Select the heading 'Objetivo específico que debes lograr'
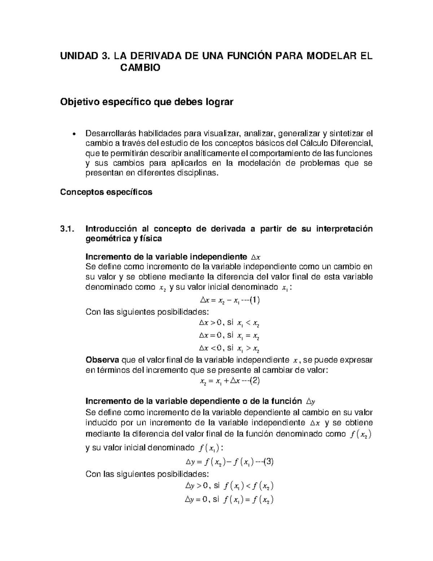point(146,102)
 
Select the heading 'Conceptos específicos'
point(106,192)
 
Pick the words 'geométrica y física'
point(123,239)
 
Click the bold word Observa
point(103,360)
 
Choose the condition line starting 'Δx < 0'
point(229,348)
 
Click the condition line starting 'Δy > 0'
point(229,486)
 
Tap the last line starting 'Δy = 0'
point(229,500)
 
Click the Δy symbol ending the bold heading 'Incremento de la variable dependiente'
point(310,401)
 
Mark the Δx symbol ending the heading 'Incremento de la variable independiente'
point(255,257)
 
